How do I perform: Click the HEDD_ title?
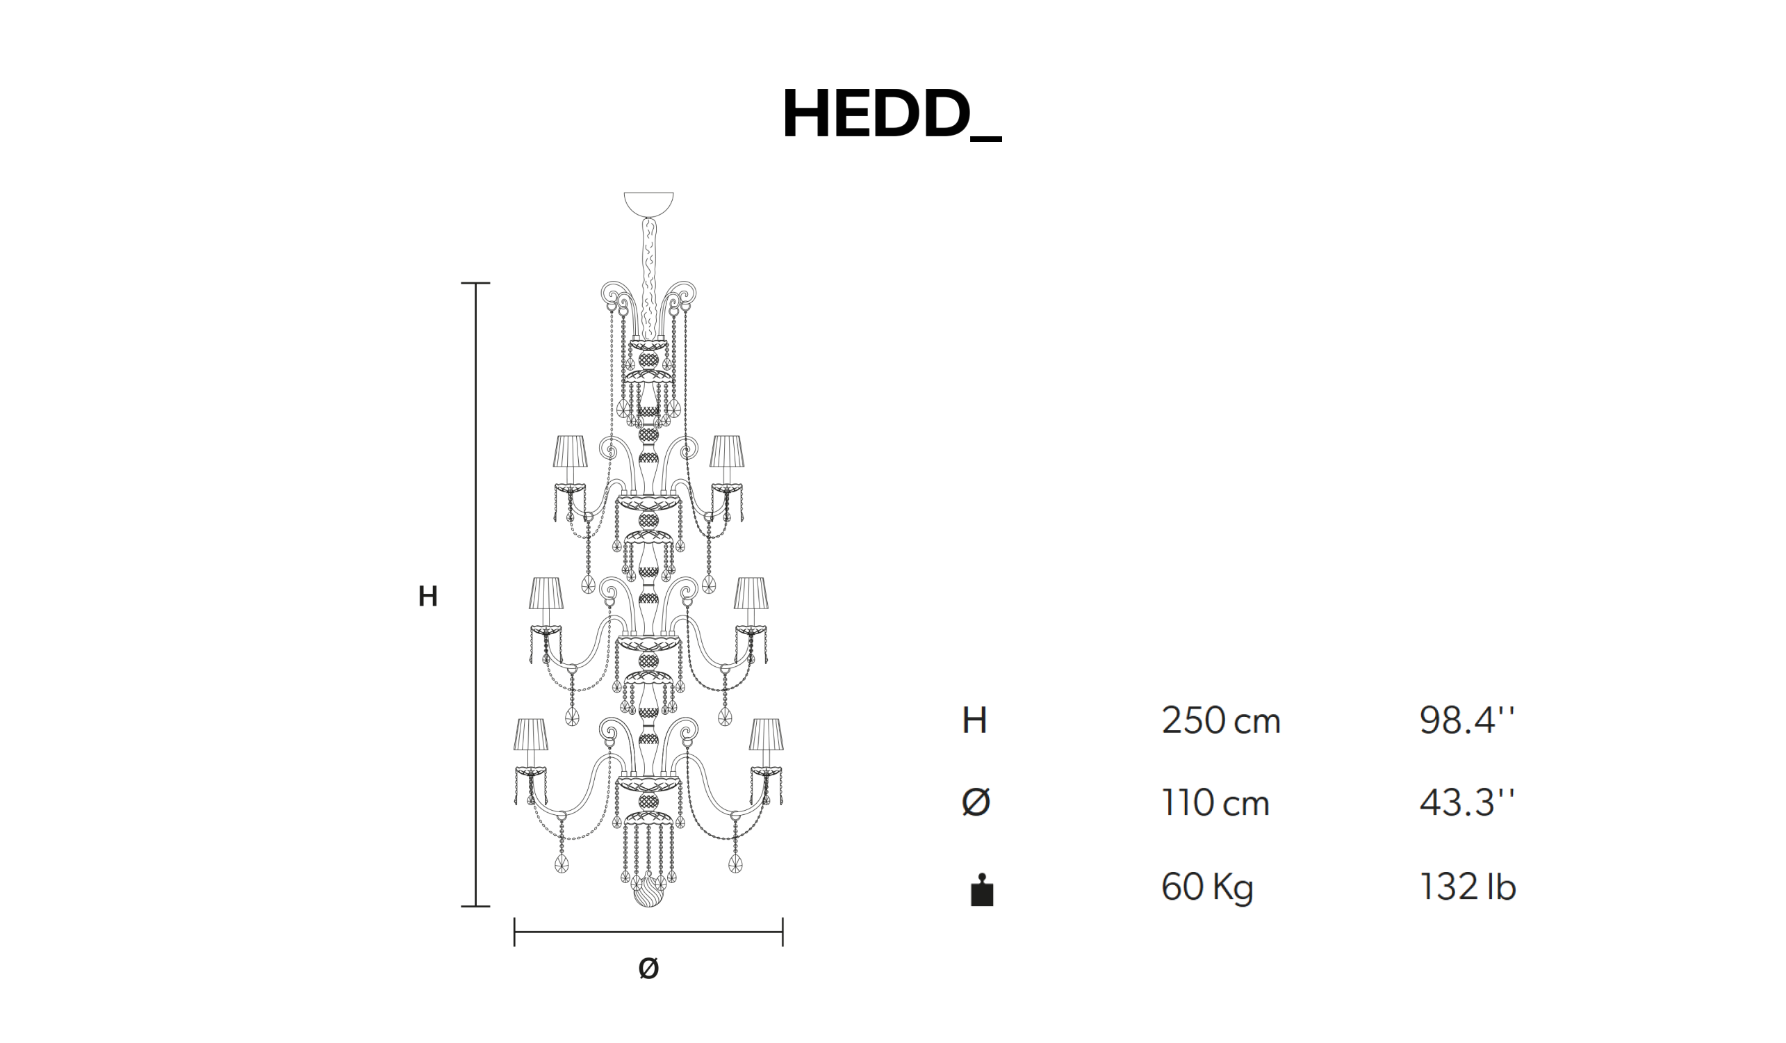892,115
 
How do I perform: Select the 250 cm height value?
1221,721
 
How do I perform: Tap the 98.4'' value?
1467,721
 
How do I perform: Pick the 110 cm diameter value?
1215,803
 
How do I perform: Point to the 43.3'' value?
1467,803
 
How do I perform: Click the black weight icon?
981,891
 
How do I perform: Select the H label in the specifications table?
974,721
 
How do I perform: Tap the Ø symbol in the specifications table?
976,803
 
